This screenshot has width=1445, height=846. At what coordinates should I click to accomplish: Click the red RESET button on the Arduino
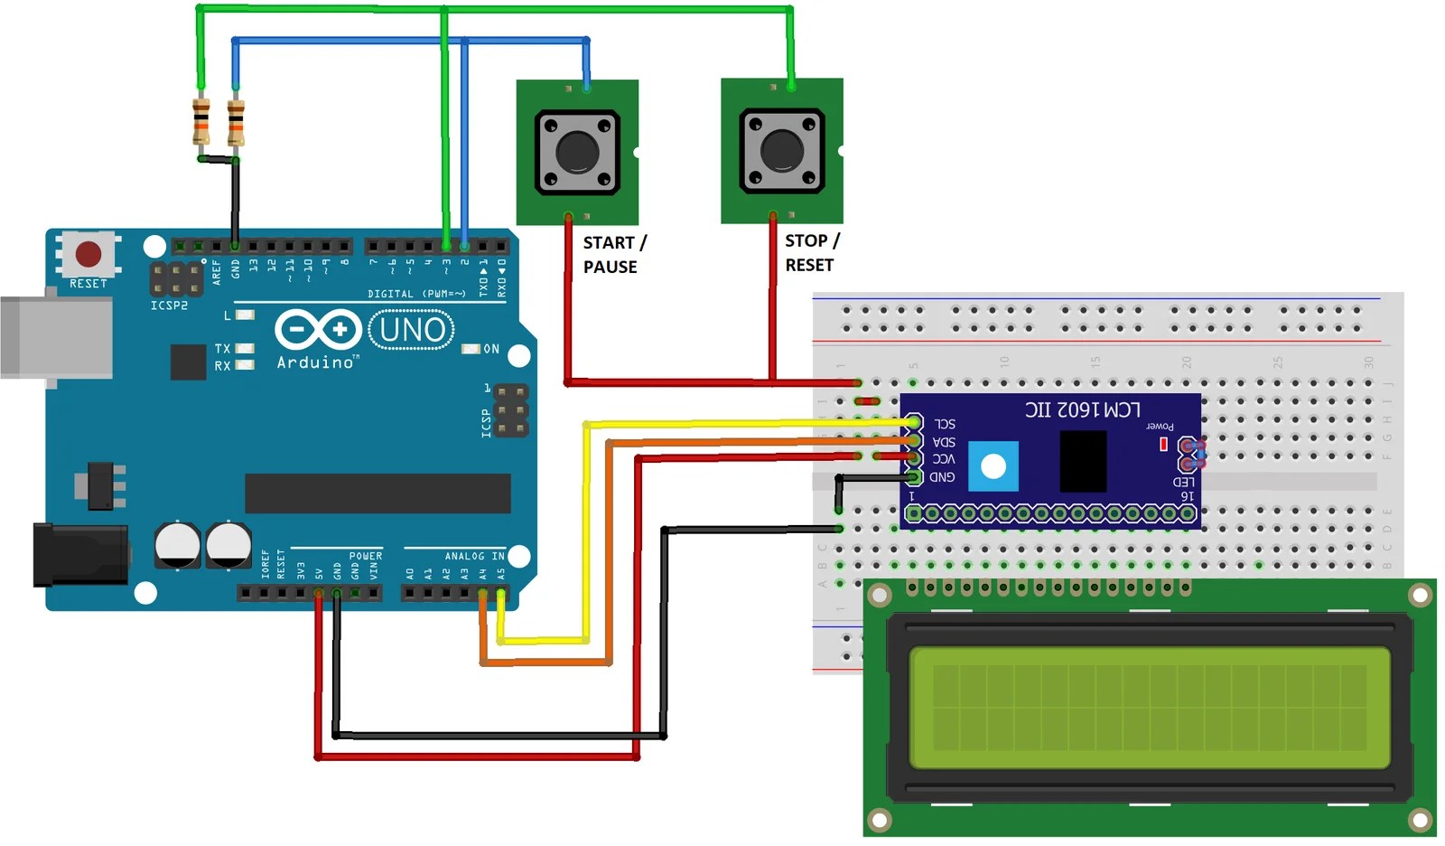click(88, 254)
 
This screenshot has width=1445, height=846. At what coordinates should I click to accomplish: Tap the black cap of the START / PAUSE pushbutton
click(577, 152)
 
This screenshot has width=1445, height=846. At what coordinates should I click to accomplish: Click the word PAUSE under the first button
click(610, 267)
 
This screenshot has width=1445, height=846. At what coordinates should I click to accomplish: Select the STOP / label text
click(811, 240)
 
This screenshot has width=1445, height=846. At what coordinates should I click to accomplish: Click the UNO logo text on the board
click(412, 330)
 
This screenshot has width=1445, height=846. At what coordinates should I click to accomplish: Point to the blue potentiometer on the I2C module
click(993, 466)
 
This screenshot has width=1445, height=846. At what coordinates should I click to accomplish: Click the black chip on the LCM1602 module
click(1082, 461)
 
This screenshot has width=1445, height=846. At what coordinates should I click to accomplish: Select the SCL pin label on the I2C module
click(944, 424)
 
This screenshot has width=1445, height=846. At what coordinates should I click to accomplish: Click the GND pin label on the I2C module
click(941, 476)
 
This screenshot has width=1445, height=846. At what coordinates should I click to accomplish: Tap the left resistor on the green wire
click(200, 121)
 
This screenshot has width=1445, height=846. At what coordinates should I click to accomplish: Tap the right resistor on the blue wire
click(236, 122)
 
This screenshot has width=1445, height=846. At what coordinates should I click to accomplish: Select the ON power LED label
click(490, 349)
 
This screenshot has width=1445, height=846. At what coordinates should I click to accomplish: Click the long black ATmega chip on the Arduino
click(378, 493)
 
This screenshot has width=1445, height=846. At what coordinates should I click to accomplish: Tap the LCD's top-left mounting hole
click(879, 595)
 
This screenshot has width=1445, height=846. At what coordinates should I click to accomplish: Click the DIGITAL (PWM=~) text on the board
click(416, 294)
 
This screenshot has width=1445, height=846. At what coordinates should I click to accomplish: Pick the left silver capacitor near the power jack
click(177, 544)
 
